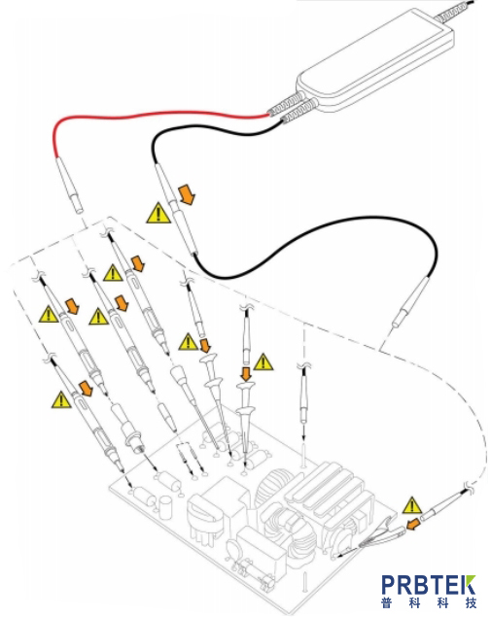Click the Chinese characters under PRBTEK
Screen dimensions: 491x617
tap(429, 602)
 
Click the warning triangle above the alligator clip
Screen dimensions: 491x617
tap(412, 505)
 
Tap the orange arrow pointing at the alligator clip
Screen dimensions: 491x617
tap(412, 524)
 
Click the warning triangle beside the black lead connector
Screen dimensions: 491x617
tap(158, 214)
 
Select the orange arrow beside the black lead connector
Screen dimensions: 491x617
tap(188, 195)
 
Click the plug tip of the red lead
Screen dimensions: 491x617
tap(79, 205)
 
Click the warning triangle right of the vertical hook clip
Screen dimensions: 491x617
tap(263, 362)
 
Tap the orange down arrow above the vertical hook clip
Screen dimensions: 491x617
tap(247, 373)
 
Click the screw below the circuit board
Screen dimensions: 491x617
tap(304, 583)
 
